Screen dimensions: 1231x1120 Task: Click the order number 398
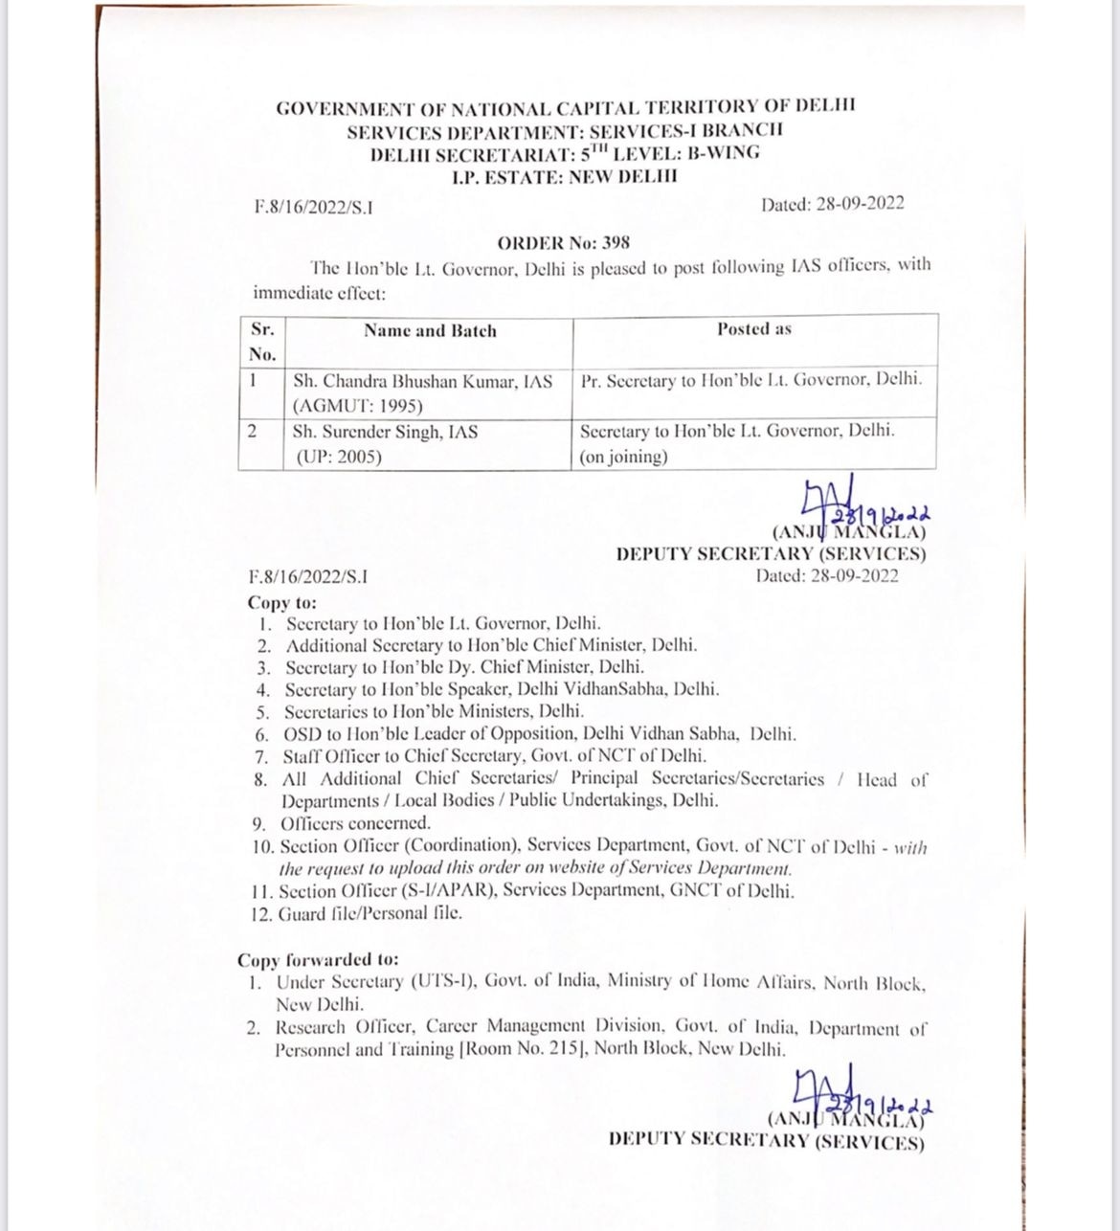point(615,242)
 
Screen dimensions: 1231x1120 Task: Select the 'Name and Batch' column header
point(430,331)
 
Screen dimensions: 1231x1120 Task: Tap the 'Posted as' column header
point(754,329)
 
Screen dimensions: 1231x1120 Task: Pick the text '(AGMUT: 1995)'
point(345,406)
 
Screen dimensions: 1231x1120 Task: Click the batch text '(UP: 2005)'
point(338,457)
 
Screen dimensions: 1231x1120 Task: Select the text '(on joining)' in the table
point(623,457)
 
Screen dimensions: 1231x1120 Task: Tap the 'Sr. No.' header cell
point(262,342)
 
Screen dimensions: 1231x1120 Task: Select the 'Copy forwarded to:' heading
point(319,960)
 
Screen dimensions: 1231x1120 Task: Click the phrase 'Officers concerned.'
point(356,823)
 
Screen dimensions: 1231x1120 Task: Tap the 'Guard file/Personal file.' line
point(370,912)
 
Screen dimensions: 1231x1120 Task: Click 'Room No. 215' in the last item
point(526,1049)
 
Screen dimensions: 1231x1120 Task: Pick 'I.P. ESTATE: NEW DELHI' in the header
point(565,177)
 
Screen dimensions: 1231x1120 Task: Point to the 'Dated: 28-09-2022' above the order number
point(832,204)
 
